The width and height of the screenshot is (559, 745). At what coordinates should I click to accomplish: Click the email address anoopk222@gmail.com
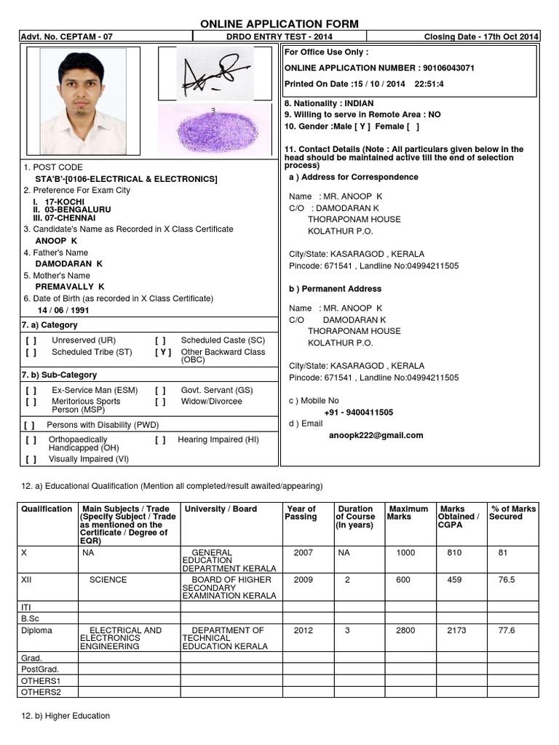[376, 435]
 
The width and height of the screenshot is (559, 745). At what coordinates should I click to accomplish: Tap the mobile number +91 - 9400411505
[358, 413]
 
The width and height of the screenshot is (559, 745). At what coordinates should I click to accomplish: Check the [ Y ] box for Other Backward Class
[163, 352]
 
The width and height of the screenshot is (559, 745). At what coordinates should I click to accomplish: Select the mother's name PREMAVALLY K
[70, 287]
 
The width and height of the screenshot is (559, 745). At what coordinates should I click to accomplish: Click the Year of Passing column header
[301, 513]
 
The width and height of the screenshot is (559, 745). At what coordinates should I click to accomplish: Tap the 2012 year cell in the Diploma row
[304, 631]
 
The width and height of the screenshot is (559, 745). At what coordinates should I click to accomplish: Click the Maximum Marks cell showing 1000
[405, 553]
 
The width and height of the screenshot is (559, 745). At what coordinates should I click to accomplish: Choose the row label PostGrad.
[41, 668]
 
